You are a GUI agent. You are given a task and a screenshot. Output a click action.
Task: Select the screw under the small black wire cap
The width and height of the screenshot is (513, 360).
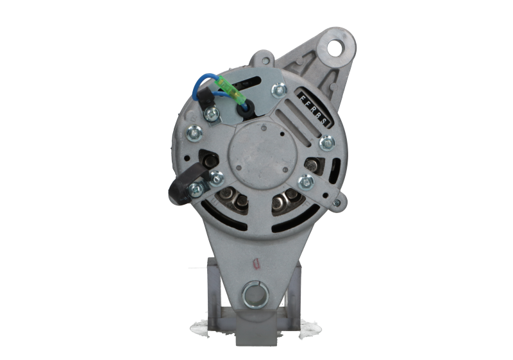tap(208, 116)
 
